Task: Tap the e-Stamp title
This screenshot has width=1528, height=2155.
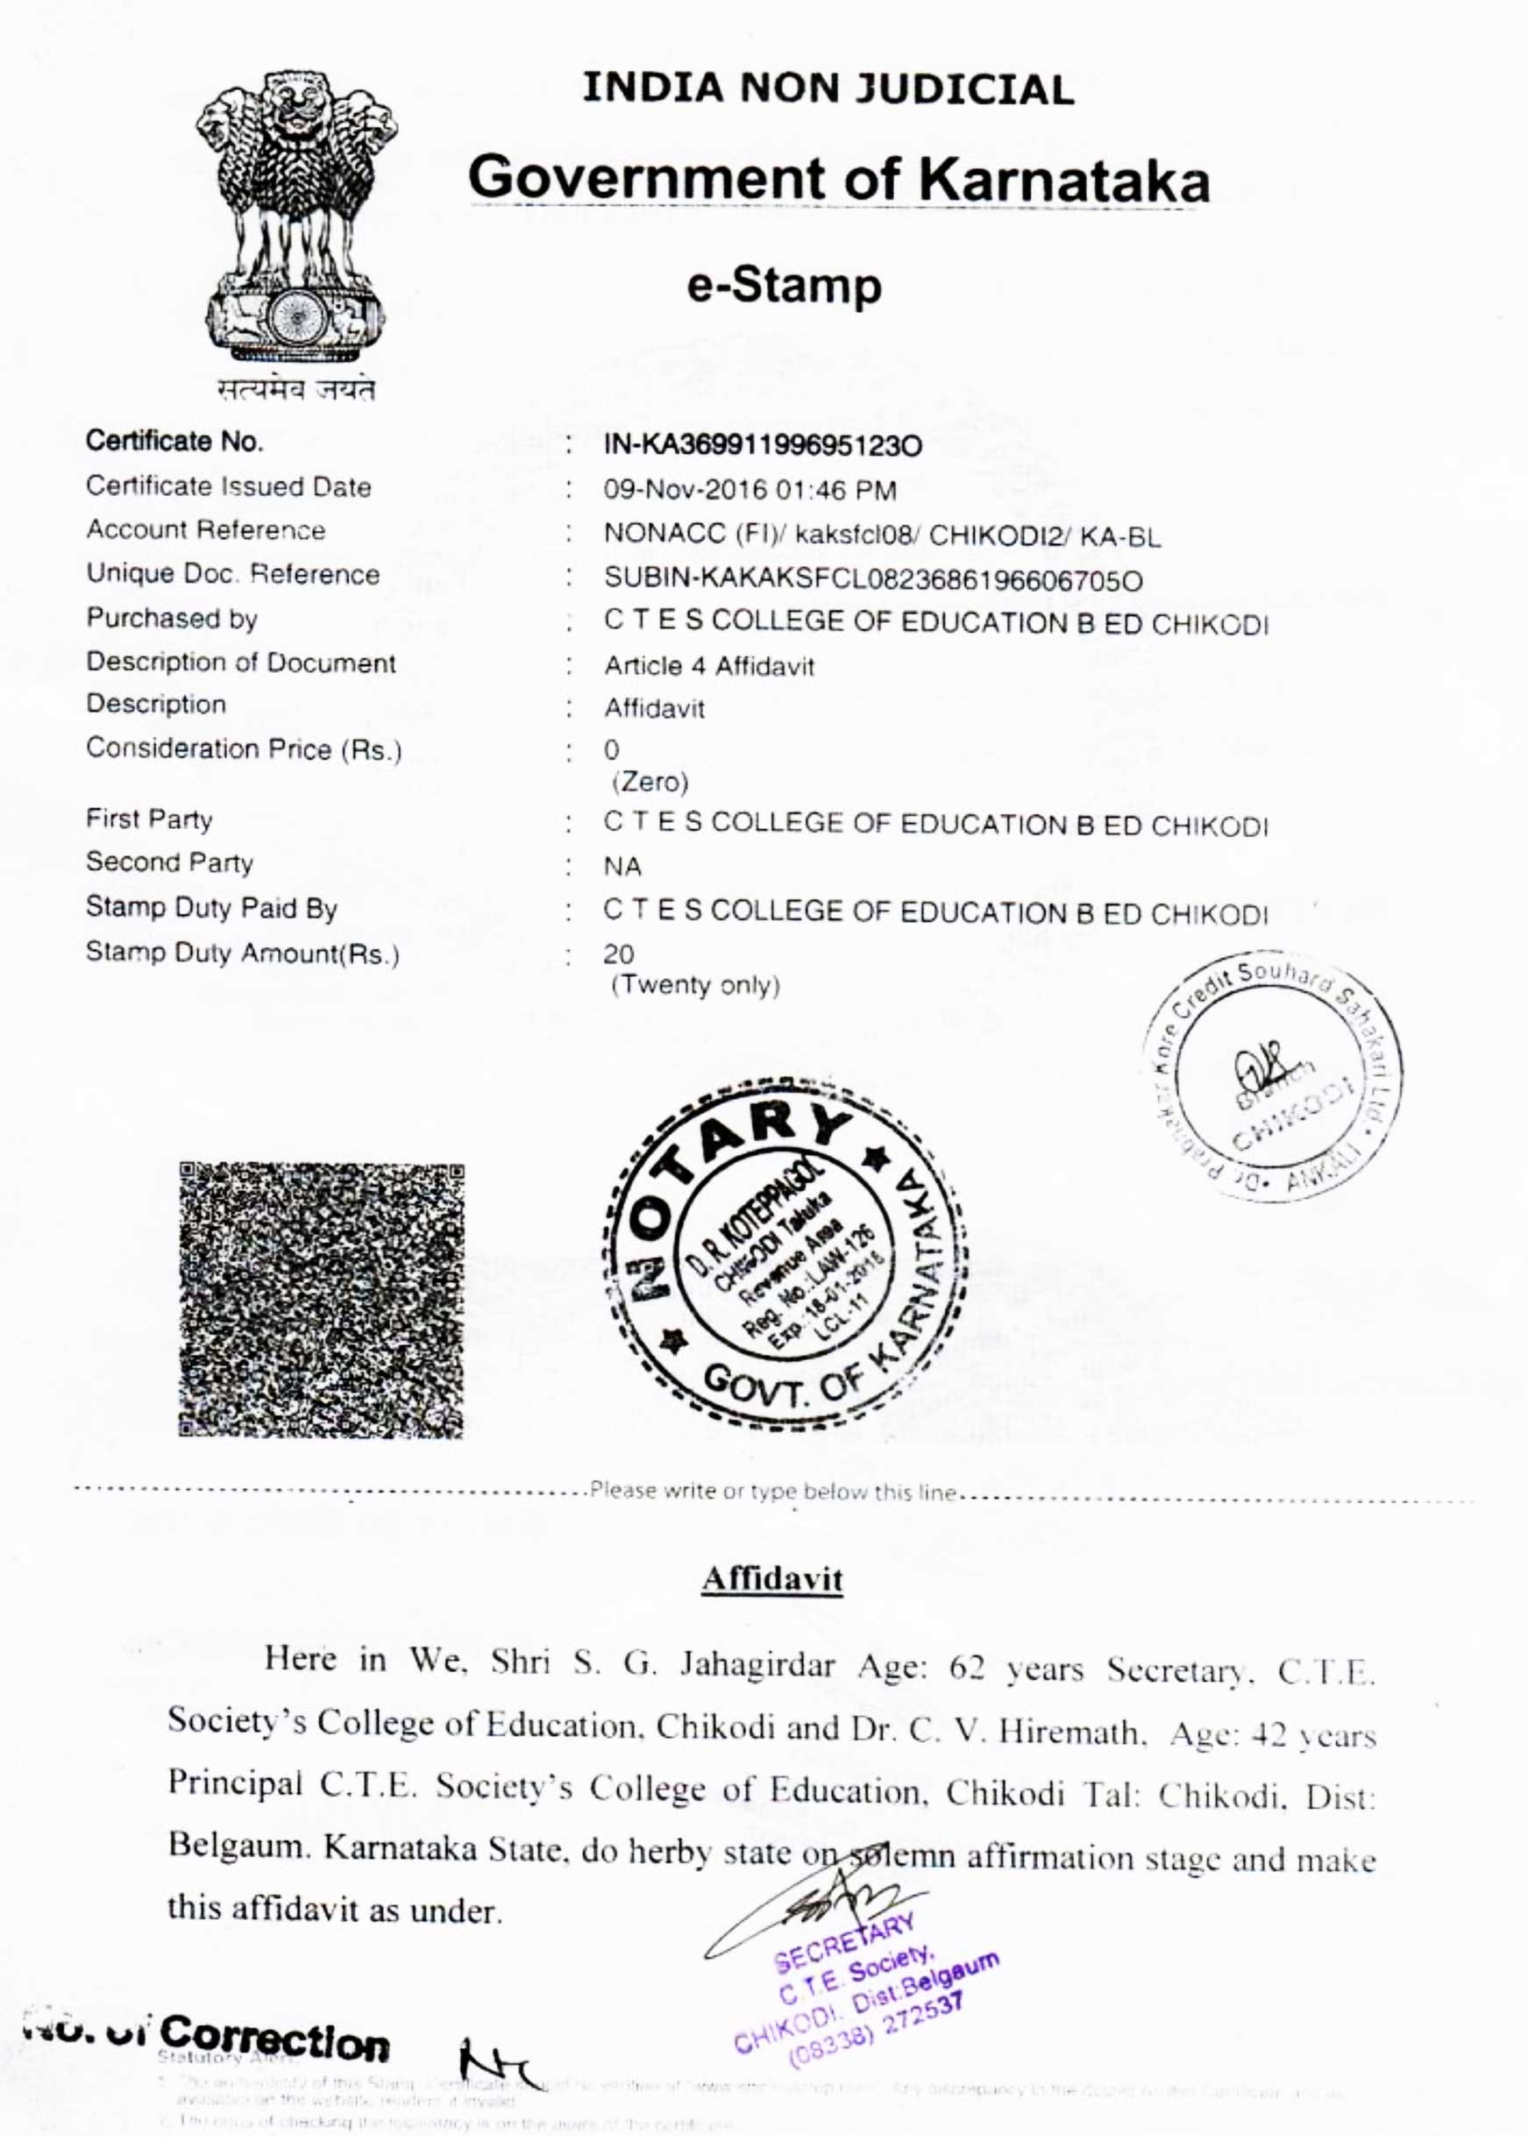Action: (x=784, y=286)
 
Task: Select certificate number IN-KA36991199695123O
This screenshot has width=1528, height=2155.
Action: (x=762, y=446)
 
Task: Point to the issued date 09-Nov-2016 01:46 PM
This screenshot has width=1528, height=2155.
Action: (x=750, y=490)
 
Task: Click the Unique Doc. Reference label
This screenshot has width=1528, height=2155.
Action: (x=232, y=574)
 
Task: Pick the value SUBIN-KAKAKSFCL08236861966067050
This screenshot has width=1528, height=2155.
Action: (x=873, y=580)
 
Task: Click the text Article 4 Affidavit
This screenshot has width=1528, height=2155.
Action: (x=708, y=666)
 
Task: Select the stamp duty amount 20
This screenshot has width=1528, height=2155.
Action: (x=618, y=953)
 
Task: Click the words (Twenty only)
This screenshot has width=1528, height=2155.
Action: (x=695, y=985)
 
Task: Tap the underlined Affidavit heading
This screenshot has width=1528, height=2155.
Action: (x=771, y=1578)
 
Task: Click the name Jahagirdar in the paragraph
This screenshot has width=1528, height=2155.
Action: (x=757, y=1666)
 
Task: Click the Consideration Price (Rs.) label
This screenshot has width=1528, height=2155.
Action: (x=244, y=748)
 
